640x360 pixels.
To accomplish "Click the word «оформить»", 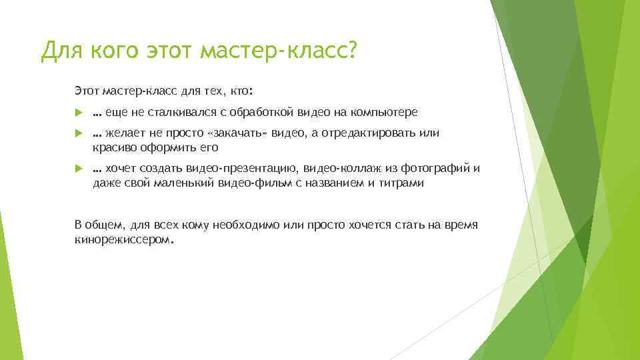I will coord(169,147).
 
